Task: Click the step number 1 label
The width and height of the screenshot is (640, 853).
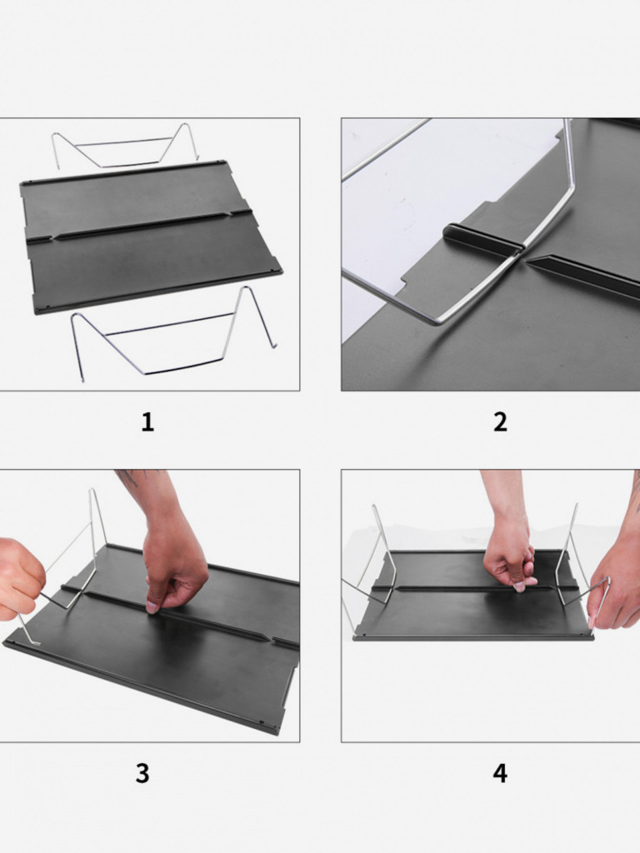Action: [x=147, y=422]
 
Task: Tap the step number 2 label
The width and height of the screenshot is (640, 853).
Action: [x=500, y=422]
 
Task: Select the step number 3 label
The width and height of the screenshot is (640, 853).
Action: [x=142, y=773]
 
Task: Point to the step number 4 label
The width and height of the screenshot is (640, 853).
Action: [x=500, y=773]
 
